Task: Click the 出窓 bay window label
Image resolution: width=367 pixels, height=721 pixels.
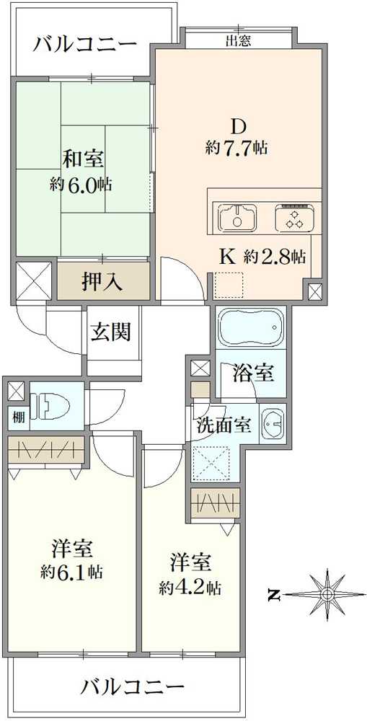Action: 238,41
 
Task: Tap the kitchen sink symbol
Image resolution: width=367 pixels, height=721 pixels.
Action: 237,218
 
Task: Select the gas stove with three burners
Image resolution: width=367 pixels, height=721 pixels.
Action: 295,218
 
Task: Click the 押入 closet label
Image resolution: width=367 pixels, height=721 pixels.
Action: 102,281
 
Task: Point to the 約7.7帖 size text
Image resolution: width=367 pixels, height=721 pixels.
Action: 237,148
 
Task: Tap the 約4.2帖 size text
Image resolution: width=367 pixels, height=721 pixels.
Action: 190,587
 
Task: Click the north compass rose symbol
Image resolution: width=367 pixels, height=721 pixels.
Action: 327,594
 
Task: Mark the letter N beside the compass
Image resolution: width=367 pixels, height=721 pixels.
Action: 274,595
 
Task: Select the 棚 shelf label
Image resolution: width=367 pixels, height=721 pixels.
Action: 19,418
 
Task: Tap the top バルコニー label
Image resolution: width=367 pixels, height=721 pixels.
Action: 86,45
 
